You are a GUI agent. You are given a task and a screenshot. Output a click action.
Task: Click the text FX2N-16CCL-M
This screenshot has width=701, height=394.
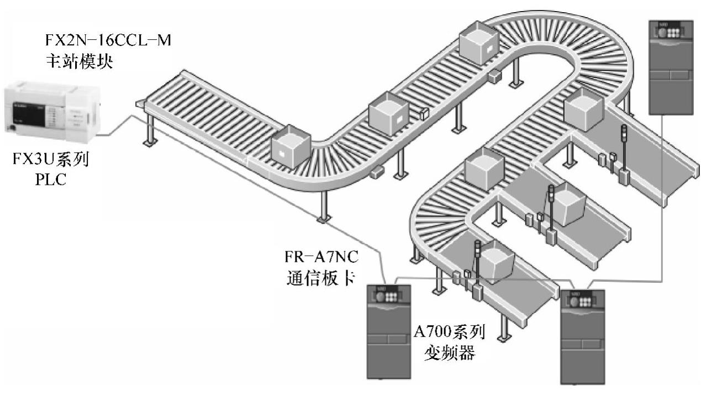pos(108,41)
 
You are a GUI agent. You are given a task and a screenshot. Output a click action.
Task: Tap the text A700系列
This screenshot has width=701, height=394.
pos(450,333)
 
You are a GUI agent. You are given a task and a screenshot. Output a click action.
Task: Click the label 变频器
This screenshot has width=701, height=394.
pos(450,353)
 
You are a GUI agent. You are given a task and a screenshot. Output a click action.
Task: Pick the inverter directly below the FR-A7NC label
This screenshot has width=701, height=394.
pos(389,330)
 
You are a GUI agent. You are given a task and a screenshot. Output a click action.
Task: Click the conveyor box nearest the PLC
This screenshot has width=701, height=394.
pos(291,147)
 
